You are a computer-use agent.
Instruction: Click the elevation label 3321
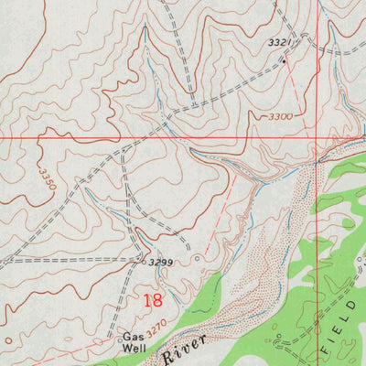(x=280, y=43)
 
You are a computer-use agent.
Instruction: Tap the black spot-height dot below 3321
(x=285, y=61)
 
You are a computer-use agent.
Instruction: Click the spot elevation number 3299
(x=162, y=262)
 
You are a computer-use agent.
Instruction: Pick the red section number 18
(x=153, y=299)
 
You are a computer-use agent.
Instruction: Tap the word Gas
(x=135, y=336)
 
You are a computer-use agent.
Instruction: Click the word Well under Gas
(x=135, y=348)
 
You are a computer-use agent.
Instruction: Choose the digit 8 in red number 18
(x=157, y=299)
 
